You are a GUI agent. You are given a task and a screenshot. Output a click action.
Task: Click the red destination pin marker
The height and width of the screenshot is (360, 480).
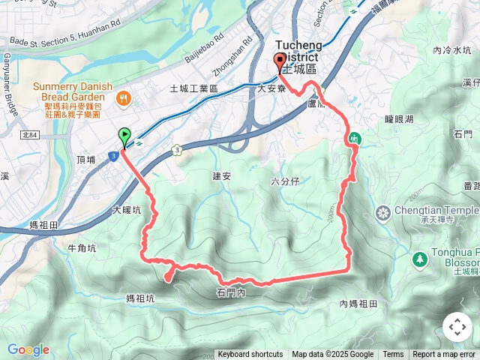click(x=280, y=62)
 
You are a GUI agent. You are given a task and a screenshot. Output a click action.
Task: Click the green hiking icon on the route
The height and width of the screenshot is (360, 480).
click(x=353, y=138)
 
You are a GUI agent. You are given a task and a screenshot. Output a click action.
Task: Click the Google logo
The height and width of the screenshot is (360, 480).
click(x=28, y=349)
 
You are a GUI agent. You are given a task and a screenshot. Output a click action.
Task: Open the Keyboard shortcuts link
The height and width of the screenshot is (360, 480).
click(x=250, y=355)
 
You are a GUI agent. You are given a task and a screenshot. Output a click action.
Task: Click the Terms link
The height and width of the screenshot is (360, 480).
click(x=393, y=355)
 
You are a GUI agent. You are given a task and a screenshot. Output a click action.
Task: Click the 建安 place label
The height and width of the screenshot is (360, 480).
click(x=221, y=175)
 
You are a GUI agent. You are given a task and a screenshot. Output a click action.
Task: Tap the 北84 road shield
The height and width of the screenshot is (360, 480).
click(x=30, y=135)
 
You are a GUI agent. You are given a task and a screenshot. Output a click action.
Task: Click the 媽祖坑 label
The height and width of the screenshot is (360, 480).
click(x=140, y=298)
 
